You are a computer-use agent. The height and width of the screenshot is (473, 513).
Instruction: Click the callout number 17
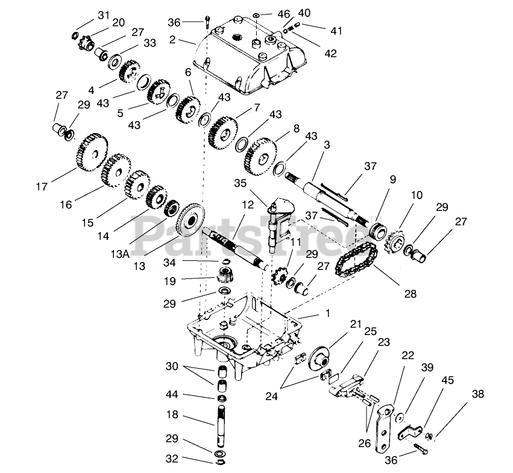(41, 187)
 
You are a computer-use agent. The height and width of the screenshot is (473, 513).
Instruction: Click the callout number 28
(411, 295)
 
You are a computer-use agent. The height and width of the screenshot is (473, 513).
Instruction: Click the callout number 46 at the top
(284, 13)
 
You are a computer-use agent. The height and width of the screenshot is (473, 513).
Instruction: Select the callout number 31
(104, 14)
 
